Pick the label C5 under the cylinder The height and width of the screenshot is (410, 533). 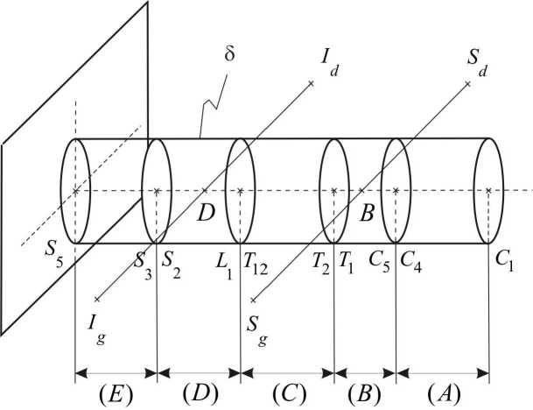pyautogui.click(x=377, y=261)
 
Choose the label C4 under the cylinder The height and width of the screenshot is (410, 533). pyautogui.click(x=409, y=261)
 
